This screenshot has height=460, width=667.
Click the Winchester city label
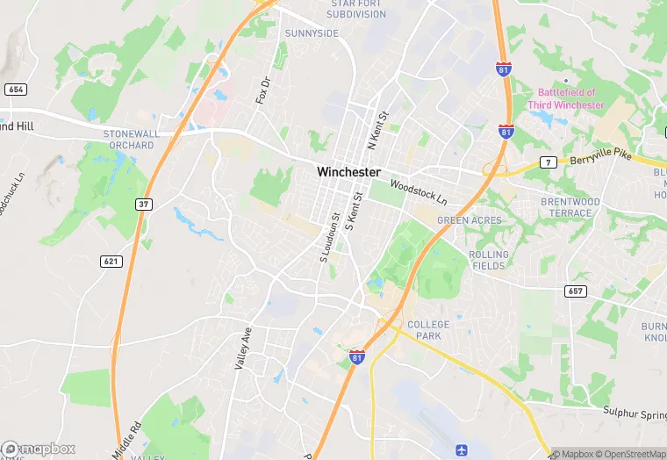pos(348,172)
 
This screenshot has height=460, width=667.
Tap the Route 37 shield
pos(143,204)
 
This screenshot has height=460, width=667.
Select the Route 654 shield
pos(15,90)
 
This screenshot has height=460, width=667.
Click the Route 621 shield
pos(111,261)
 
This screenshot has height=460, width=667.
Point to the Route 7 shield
pos(548,162)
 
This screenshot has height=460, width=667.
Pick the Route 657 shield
pos(575,291)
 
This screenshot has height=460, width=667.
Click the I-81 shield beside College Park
pos(357,356)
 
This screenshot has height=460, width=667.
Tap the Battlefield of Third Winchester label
pos(566,98)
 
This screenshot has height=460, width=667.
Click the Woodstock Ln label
pos(419,189)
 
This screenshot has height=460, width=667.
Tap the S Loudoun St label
pos(328,237)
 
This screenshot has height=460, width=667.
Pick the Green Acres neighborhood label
pos(470,220)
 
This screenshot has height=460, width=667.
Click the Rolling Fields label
pos(489,260)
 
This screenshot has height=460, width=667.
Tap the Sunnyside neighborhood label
pos(312,33)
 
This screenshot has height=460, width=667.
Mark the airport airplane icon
pos(463,449)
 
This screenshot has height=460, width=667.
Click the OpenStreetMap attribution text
pos(628,454)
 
